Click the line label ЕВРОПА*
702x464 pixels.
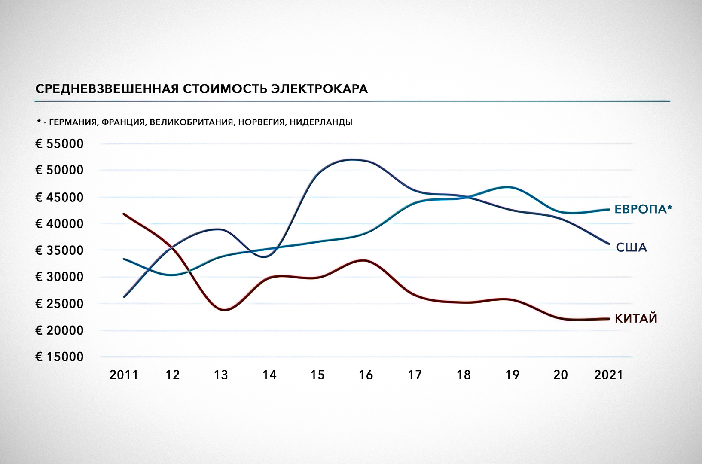click(643, 209)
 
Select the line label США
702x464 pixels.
click(631, 247)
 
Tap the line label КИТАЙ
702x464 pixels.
click(636, 319)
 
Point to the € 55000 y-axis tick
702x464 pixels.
click(59, 144)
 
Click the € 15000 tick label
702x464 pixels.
click(59, 357)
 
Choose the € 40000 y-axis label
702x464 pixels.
click(59, 224)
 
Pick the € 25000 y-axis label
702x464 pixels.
click(59, 304)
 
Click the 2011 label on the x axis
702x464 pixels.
click(124, 375)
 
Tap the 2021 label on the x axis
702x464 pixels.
click(608, 375)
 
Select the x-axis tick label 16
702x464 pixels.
click(366, 375)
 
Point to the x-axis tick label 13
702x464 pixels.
click(221, 375)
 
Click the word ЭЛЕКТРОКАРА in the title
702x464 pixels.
click(320, 89)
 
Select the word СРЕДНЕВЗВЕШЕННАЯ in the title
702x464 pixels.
click(107, 89)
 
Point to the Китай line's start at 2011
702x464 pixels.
click(124, 214)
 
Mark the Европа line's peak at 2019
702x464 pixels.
click(508, 187)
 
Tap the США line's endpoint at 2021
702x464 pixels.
click(609, 244)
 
